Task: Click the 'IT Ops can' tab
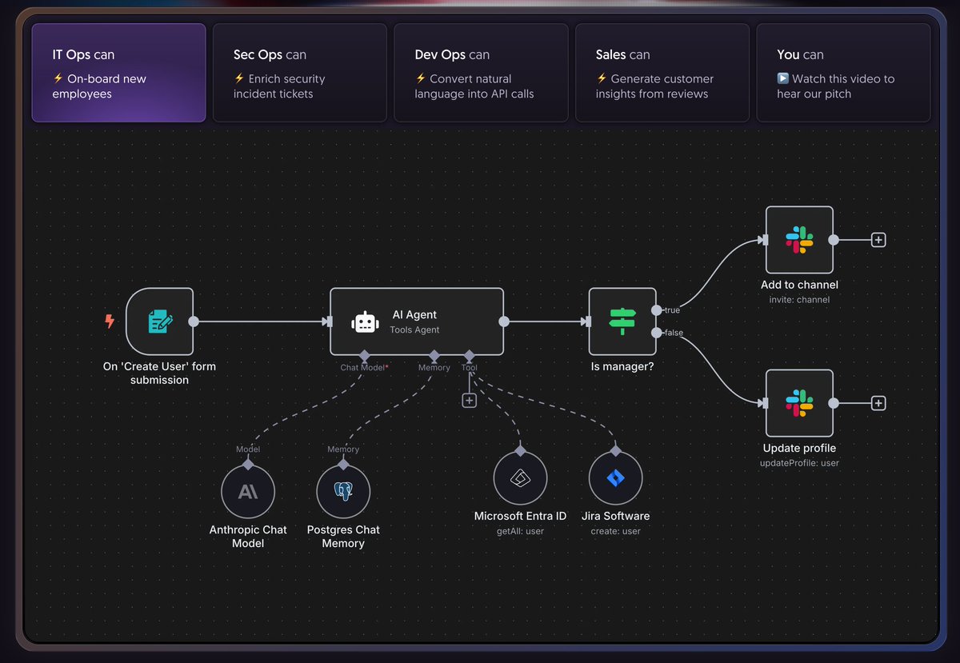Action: coord(118,73)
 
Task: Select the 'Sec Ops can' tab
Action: coord(299,73)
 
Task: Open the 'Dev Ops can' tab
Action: coord(481,73)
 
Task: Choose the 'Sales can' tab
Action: coord(662,73)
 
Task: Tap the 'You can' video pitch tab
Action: coord(843,73)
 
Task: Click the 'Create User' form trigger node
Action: coord(159,322)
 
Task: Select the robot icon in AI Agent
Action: coord(365,322)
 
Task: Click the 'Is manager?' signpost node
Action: coord(622,322)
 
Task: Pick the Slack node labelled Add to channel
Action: coord(799,240)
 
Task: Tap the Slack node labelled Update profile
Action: coord(799,403)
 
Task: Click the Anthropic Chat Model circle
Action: coord(248,492)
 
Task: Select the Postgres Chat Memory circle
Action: coord(343,492)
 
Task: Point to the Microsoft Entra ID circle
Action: coord(520,479)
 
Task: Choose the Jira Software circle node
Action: coord(615,479)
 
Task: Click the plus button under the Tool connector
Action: coord(470,401)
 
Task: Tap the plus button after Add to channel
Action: coord(878,240)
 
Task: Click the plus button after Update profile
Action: coord(878,403)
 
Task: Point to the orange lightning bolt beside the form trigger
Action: coord(110,322)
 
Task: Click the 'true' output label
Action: coord(672,310)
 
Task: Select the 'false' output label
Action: coord(674,333)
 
